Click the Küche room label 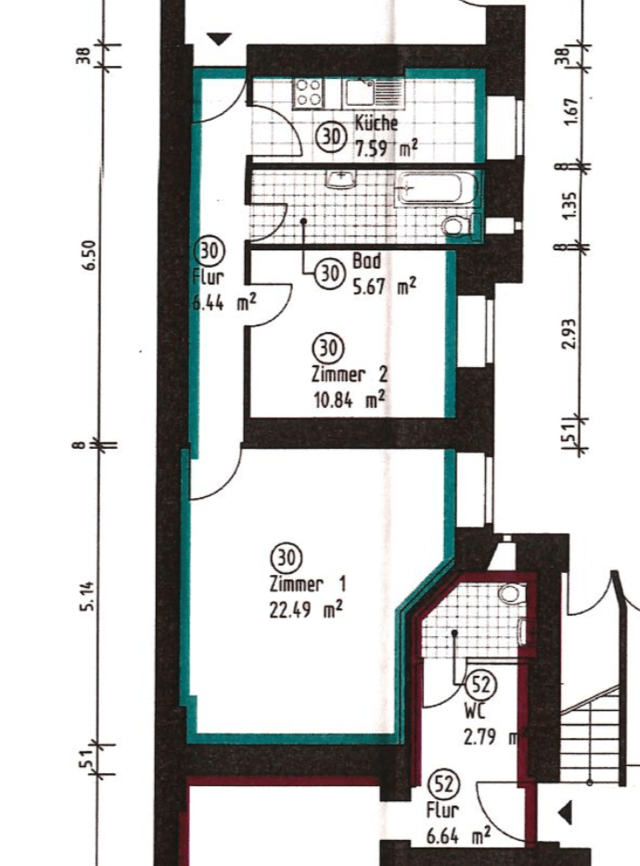pyautogui.click(x=376, y=122)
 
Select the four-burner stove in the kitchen pyautogui.click(x=308, y=92)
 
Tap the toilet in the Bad pyautogui.click(x=457, y=225)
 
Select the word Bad pyautogui.click(x=366, y=261)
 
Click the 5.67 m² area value pyautogui.click(x=384, y=287)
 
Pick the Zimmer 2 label pyautogui.click(x=350, y=374)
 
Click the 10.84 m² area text pyautogui.click(x=350, y=400)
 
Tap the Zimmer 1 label pyautogui.click(x=308, y=584)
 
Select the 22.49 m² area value pyautogui.click(x=306, y=610)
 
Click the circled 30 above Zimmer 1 pyautogui.click(x=287, y=558)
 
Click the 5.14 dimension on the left pyautogui.click(x=88, y=596)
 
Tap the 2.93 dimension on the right pyautogui.click(x=569, y=334)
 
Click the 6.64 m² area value pyautogui.click(x=458, y=835)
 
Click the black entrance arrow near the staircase pyautogui.click(x=565, y=813)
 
